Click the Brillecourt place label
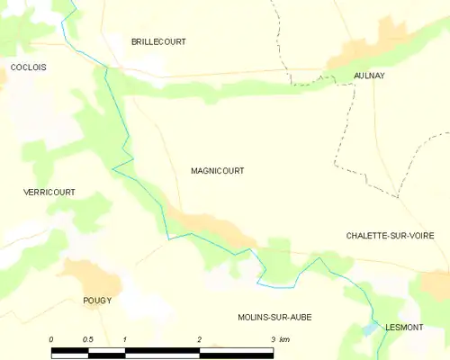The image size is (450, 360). (x=159, y=41)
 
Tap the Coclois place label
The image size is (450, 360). (x=28, y=67)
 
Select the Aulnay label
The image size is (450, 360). (x=369, y=76)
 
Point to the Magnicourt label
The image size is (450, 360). (x=217, y=170)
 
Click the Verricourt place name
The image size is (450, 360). (x=49, y=193)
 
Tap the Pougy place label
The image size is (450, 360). (x=96, y=301)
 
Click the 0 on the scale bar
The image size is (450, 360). (x=51, y=339)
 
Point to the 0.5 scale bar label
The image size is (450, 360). (x=87, y=339)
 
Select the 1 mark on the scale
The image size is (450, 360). (x=125, y=339)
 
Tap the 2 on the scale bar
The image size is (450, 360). (x=199, y=339)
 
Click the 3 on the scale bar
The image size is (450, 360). (x=272, y=339)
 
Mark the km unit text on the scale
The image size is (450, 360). (x=284, y=339)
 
